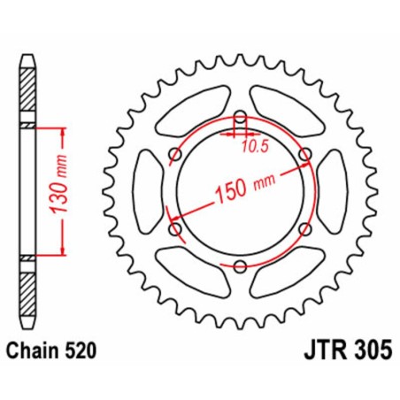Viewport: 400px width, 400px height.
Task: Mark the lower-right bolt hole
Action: (305, 228)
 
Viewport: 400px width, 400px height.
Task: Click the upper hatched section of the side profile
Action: (29, 92)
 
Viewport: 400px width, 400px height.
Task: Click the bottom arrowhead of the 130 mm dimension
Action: (63, 252)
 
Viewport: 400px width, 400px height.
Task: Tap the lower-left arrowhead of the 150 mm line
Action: (173, 215)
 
